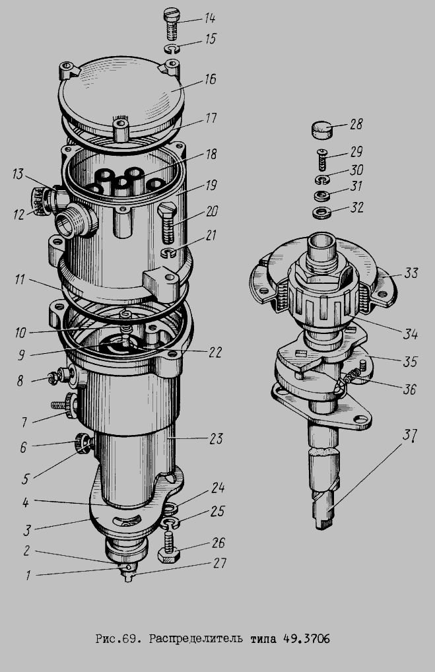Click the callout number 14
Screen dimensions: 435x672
[209, 18]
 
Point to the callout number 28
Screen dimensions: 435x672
[356, 124]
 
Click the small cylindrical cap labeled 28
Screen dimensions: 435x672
[322, 130]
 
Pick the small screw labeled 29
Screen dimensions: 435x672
[321, 159]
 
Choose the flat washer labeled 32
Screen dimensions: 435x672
[322, 212]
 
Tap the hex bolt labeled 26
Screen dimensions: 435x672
[169, 547]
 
